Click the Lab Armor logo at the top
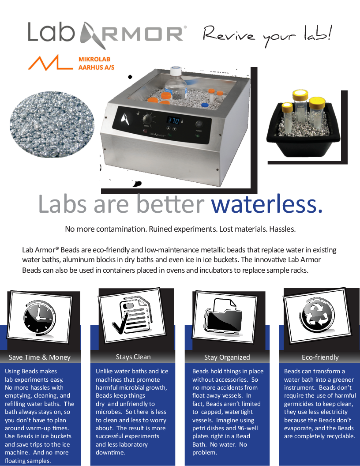coord(106,34)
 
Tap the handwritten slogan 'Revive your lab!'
coord(267,34)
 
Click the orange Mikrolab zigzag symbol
coord(50,63)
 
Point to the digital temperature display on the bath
coord(170,120)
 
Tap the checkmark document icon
coord(133,315)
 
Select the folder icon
coord(225,316)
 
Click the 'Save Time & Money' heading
coord(40,357)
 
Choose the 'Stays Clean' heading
coord(133,357)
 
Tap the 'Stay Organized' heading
coord(227,357)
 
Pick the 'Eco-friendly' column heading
coord(320,357)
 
